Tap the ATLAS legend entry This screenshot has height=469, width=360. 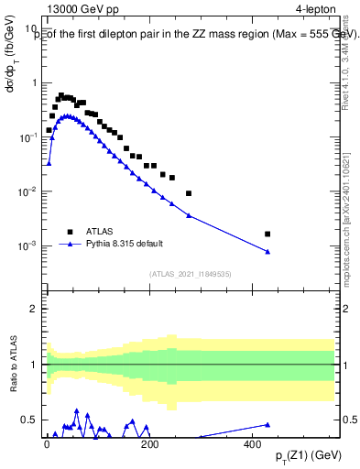pos(102,232)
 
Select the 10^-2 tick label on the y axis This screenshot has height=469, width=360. pos(30,192)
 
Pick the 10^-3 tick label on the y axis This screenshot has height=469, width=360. pos(30,246)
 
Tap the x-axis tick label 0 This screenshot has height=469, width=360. pos(47,444)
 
